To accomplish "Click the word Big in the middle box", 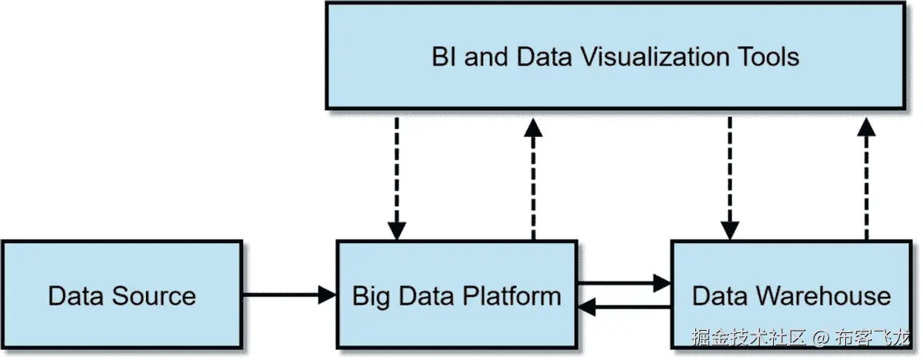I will click(x=371, y=296).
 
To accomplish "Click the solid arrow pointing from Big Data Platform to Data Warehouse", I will click(x=623, y=283).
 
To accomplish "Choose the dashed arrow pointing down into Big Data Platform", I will click(x=397, y=177).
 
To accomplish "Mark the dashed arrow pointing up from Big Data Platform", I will click(x=531, y=177).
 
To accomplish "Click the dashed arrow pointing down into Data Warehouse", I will click(x=729, y=177).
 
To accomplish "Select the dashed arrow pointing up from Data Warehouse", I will click(x=866, y=177).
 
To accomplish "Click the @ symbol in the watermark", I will click(x=821, y=338).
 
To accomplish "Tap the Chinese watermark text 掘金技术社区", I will click(x=748, y=338).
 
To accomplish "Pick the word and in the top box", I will click(x=487, y=57).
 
